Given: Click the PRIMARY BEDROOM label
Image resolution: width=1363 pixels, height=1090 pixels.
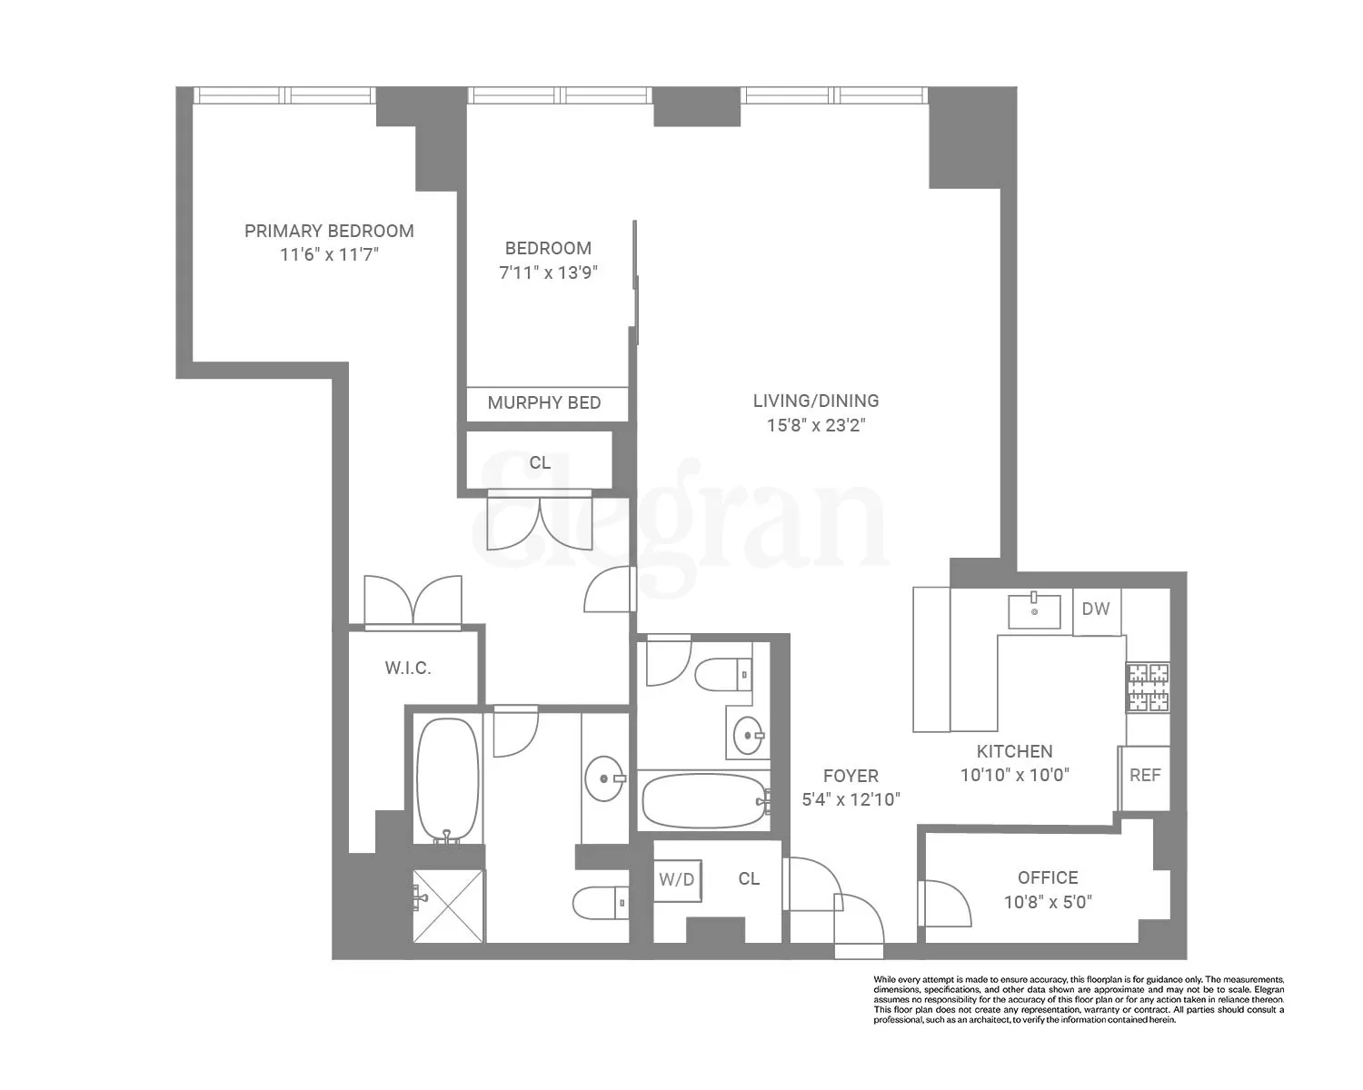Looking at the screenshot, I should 329,231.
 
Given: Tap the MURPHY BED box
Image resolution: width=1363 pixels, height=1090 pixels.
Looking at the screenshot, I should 544,403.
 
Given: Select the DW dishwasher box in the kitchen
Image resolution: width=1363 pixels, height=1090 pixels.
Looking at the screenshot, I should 1096,609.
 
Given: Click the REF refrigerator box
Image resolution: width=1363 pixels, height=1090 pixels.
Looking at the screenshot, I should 1145,776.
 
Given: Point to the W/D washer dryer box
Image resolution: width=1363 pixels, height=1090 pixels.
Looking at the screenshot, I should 676,879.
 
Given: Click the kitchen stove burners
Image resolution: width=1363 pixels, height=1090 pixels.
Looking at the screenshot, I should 1148,688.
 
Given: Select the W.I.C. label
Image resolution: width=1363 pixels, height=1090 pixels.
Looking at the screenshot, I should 408,669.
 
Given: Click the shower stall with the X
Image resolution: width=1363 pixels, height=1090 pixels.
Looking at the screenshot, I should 449,906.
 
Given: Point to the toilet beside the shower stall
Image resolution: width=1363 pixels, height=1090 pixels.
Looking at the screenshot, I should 600,902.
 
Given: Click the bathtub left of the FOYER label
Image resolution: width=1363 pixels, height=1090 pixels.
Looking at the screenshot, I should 704,800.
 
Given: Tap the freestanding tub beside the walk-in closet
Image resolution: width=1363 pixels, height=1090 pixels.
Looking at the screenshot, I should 447,780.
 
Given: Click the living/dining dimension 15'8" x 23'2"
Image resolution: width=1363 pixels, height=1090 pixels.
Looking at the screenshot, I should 816,425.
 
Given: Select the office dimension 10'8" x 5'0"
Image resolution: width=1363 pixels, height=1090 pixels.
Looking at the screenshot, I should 1048,902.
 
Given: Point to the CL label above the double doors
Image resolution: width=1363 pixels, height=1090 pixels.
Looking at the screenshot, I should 540,462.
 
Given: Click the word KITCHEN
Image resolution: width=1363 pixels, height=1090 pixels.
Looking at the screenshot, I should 1014,751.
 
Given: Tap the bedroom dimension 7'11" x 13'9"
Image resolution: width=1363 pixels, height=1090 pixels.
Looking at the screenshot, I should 548,272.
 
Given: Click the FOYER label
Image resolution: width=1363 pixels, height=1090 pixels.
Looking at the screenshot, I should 851,776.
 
